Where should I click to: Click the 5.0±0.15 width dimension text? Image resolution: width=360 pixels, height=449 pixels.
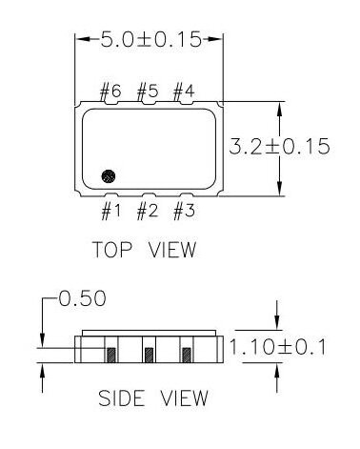click(151, 39)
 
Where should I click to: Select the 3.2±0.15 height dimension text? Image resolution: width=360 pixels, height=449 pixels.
click(279, 147)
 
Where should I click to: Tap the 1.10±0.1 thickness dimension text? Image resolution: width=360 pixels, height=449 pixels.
click(277, 347)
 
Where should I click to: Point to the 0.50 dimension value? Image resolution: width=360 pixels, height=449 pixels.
click(82, 298)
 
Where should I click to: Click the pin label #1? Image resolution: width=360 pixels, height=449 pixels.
click(110, 212)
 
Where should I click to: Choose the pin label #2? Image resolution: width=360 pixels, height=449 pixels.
click(148, 212)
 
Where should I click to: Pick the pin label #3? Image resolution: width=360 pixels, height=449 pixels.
click(184, 212)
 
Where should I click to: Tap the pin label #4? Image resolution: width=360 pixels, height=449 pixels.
click(184, 92)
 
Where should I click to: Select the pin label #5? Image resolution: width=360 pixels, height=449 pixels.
click(148, 92)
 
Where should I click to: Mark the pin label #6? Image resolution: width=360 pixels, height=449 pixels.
click(110, 92)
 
